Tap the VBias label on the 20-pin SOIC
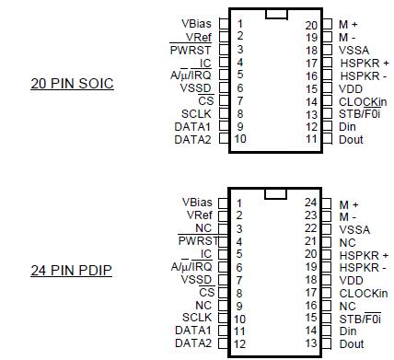(196, 23)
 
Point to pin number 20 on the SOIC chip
(311, 25)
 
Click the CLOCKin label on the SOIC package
(363, 101)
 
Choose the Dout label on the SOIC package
(351, 139)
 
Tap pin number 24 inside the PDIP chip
(311, 203)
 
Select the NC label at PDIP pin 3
(203, 228)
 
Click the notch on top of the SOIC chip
(274, 14)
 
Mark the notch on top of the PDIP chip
(274, 192)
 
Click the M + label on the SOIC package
(349, 25)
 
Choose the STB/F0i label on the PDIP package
(359, 319)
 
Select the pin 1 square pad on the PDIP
(222, 203)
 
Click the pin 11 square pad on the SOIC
(327, 139)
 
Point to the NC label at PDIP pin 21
(347, 241)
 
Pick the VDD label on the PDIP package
(351, 280)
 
